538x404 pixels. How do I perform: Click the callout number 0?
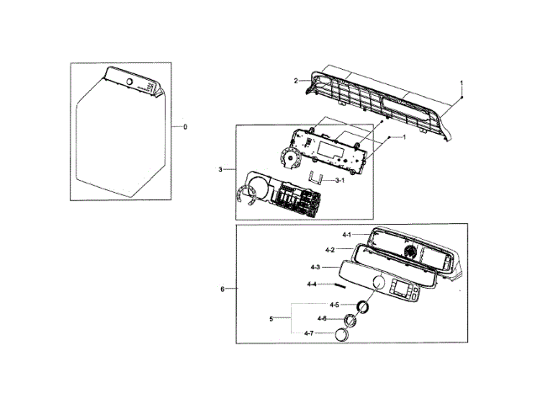click(185, 126)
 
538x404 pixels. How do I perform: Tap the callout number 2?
click(296, 81)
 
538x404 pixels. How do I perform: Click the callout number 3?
click(220, 170)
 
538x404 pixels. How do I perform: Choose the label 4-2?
click(330, 250)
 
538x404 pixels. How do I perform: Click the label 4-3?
click(315, 268)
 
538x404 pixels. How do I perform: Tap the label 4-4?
click(311, 284)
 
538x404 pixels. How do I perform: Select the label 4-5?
click(334, 304)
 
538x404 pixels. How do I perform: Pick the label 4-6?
click(322, 318)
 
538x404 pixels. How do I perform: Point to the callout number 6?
click(223, 289)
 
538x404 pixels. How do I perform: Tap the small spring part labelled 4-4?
click(336, 285)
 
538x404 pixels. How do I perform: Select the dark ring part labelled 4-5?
click(361, 305)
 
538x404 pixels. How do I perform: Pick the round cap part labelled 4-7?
click(341, 335)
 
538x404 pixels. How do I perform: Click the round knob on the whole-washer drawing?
click(130, 82)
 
